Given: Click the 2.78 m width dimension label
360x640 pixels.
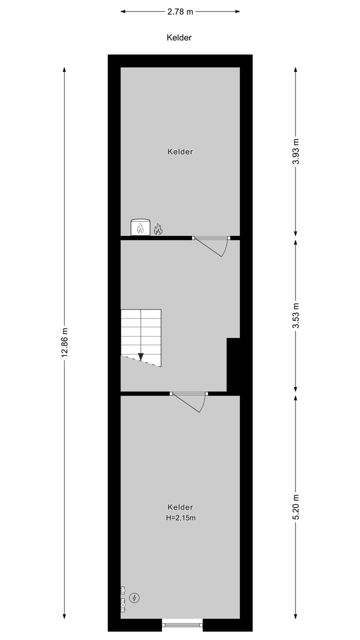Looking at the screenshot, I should pyautogui.click(x=180, y=12).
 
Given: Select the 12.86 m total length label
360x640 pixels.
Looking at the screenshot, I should pyautogui.click(x=64, y=342).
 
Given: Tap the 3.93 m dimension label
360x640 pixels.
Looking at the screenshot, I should pyautogui.click(x=295, y=151).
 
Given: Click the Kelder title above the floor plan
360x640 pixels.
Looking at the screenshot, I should pyautogui.click(x=179, y=37).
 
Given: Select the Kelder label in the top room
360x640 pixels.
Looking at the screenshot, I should pyautogui.click(x=180, y=151).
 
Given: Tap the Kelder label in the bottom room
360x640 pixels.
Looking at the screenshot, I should pyautogui.click(x=180, y=507).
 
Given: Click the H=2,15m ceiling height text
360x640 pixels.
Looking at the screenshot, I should pyautogui.click(x=180, y=518).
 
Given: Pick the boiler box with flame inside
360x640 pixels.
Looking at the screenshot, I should pyautogui.click(x=140, y=227).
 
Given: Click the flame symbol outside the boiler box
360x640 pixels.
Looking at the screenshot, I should pyautogui.click(x=158, y=229).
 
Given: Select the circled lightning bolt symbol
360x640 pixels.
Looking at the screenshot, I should pyautogui.click(x=134, y=597).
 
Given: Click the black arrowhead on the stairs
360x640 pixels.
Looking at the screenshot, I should pyautogui.click(x=141, y=356).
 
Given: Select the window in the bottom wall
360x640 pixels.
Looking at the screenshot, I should pyautogui.click(x=182, y=624).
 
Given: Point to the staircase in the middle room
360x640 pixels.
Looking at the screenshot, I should pyautogui.click(x=141, y=337).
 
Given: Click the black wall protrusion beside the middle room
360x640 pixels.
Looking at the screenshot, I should pyautogui.click(x=233, y=364).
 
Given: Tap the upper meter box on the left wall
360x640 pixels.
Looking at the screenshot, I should pyautogui.click(x=122, y=590).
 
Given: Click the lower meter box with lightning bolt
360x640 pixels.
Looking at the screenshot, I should pyautogui.click(x=122, y=605).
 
